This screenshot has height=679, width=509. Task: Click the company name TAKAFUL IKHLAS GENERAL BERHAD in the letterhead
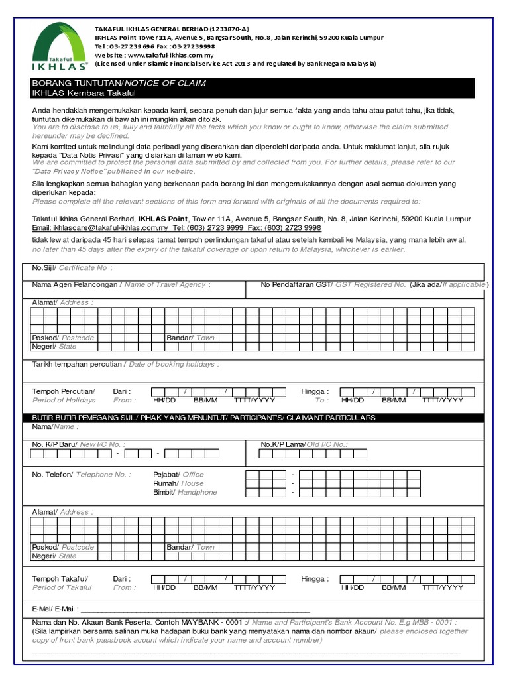[x=172, y=29]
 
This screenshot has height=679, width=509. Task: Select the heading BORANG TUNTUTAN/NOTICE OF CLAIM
[x=119, y=83]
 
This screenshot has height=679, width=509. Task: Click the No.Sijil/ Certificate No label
[x=72, y=268]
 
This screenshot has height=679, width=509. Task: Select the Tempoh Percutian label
[x=64, y=391]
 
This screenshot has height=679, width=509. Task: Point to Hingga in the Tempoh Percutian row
[x=314, y=391]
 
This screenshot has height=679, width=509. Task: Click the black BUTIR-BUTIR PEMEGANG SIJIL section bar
[x=203, y=418]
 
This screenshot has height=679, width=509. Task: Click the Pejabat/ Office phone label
[x=178, y=475]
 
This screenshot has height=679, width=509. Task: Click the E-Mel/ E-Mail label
[x=55, y=608]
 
